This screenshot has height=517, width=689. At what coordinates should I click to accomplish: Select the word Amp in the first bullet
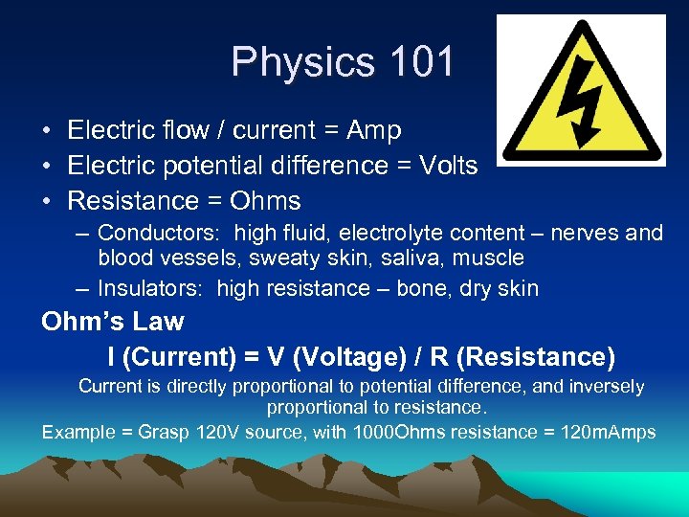click(372, 130)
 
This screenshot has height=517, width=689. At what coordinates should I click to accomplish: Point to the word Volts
click(446, 166)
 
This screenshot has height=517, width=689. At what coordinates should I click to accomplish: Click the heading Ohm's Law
click(113, 321)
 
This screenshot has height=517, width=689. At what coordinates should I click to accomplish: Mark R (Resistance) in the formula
click(522, 357)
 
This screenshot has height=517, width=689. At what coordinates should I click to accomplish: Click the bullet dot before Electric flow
click(47, 130)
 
